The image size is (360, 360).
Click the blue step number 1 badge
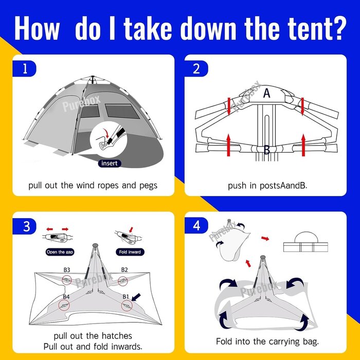point(24,68)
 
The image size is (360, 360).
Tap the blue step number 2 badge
point(196,68)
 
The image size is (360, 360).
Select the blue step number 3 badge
point(24,226)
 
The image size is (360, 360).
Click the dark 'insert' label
point(110,163)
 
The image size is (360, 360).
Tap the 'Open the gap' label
point(60,252)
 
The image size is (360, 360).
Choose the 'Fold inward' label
point(130,252)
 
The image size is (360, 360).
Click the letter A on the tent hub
point(266,93)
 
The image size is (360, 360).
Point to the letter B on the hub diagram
point(267,150)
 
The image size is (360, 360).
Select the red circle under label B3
point(67,280)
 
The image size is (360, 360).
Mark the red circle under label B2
point(122,281)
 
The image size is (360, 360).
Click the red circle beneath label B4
point(64,305)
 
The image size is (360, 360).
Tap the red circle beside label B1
point(127,305)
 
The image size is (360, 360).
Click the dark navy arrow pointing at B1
point(136,297)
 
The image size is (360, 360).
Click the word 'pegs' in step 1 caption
point(148,186)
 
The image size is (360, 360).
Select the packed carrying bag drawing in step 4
point(305,242)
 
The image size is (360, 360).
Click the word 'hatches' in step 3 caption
point(117,336)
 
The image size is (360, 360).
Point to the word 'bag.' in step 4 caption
point(311,342)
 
